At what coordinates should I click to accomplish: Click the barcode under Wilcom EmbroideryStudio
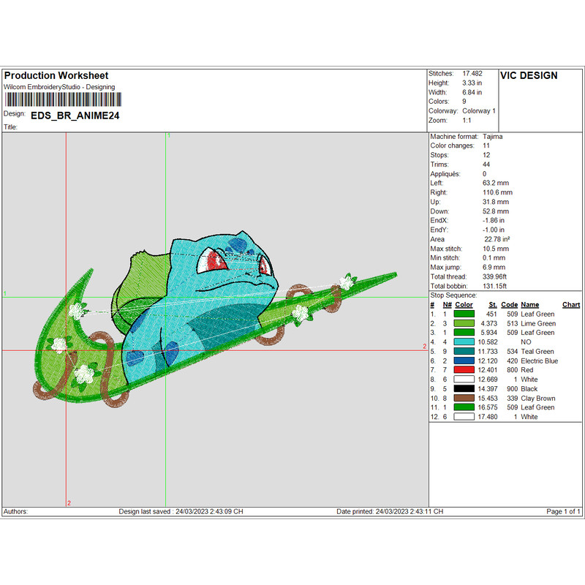point(63,99)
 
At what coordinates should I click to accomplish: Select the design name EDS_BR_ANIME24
point(75,116)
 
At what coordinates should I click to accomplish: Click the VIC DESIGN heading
point(529,76)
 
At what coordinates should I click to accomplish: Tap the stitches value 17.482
point(472,74)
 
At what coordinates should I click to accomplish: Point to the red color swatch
point(464,370)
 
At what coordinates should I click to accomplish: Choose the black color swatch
point(464,388)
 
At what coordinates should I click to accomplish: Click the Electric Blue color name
point(539,361)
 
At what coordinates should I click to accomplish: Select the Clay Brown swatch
point(464,398)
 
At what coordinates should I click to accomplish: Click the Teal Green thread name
point(537,352)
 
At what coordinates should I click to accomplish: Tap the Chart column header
point(571,305)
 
